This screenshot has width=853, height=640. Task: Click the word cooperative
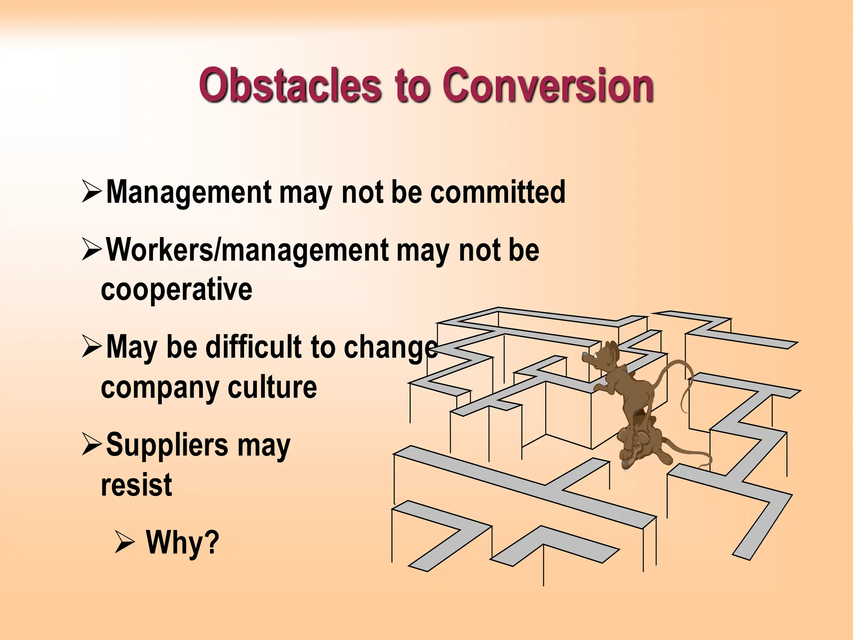tap(177, 289)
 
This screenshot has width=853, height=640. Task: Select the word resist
tap(136, 485)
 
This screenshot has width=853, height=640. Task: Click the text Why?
tap(182, 542)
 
